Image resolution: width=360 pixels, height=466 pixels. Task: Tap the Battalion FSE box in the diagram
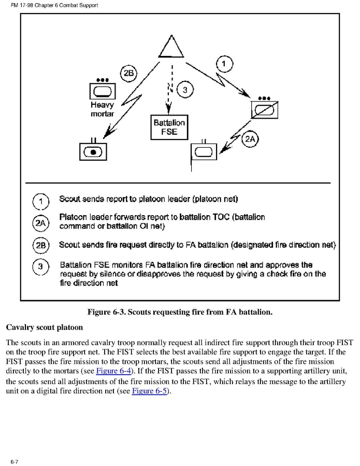pos(169,128)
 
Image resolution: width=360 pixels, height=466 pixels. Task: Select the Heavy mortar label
pos(102,109)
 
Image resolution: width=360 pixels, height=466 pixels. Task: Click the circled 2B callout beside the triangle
pos(128,74)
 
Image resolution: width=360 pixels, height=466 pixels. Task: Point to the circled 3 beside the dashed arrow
pos(185,90)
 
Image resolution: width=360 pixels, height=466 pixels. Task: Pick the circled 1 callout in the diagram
pos(224,64)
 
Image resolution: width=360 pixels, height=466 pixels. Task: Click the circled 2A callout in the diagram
pos(250,139)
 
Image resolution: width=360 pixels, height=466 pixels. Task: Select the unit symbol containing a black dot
pos(94,151)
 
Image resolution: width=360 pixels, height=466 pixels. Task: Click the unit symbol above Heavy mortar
pos(103,91)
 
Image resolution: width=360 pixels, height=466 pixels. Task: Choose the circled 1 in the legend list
pos(41,201)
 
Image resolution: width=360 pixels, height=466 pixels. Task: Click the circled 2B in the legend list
pos(41,245)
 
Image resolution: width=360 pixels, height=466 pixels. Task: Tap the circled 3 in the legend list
pos(41,267)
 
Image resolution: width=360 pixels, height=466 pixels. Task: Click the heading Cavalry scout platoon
pos(44,328)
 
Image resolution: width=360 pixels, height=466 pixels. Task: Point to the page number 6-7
pos(14,461)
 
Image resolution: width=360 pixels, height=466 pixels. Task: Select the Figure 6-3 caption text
pos(180,312)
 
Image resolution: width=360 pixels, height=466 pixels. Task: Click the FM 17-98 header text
pos(50,5)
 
